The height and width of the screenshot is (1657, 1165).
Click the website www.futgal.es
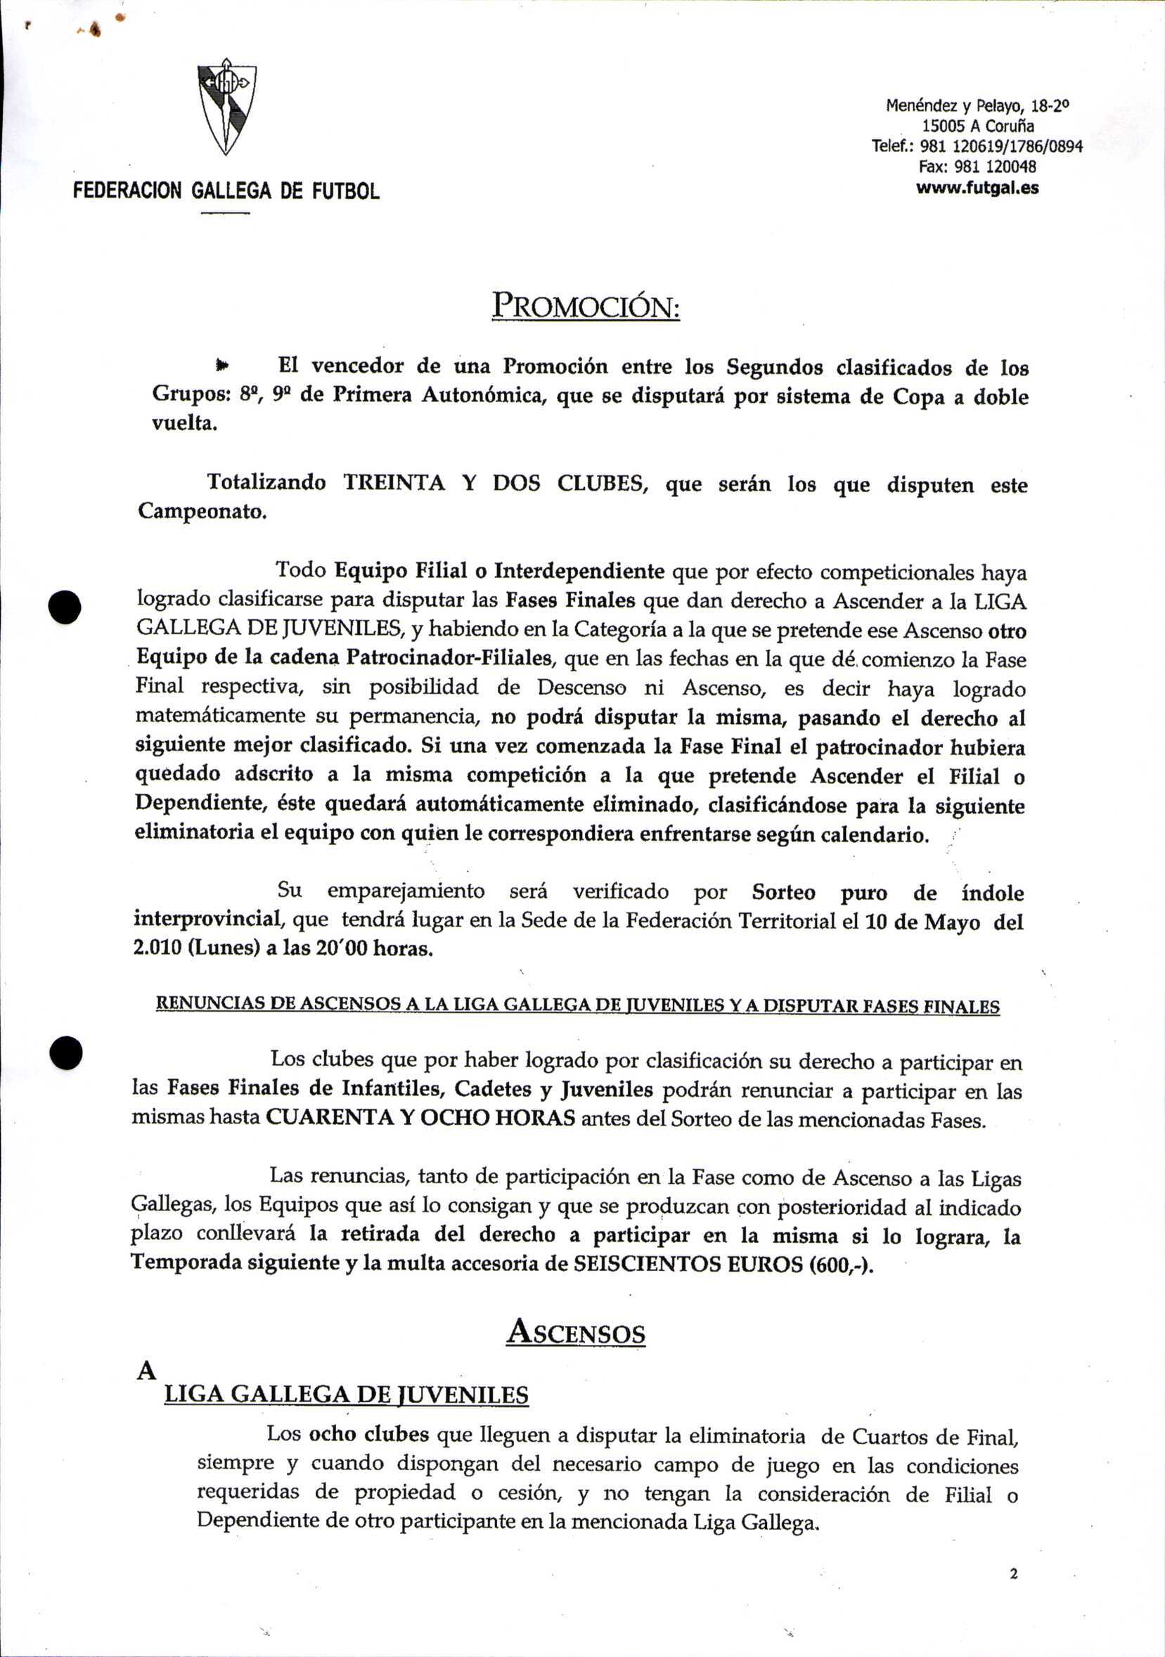pos(977,188)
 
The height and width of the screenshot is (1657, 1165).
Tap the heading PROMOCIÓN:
pos(586,306)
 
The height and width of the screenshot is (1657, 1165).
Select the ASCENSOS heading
pos(575,1332)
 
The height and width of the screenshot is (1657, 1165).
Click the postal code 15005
pos(945,126)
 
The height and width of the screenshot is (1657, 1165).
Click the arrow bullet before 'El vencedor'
pos(222,366)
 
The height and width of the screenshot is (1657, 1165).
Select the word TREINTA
pos(394,482)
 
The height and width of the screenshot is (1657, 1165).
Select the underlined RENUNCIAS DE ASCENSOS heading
pos(577,1006)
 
